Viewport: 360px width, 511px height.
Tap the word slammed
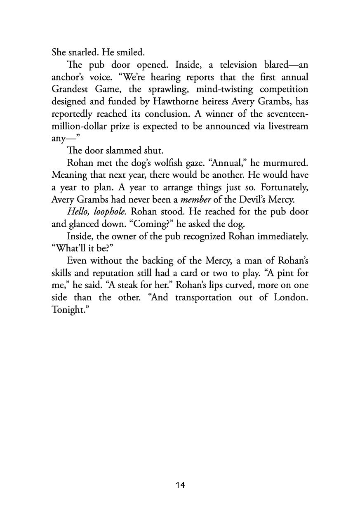[123, 151]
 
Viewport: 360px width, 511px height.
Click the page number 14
[180, 485]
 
